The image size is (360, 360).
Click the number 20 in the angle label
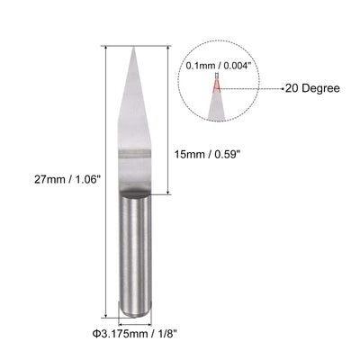(x=292, y=88)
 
